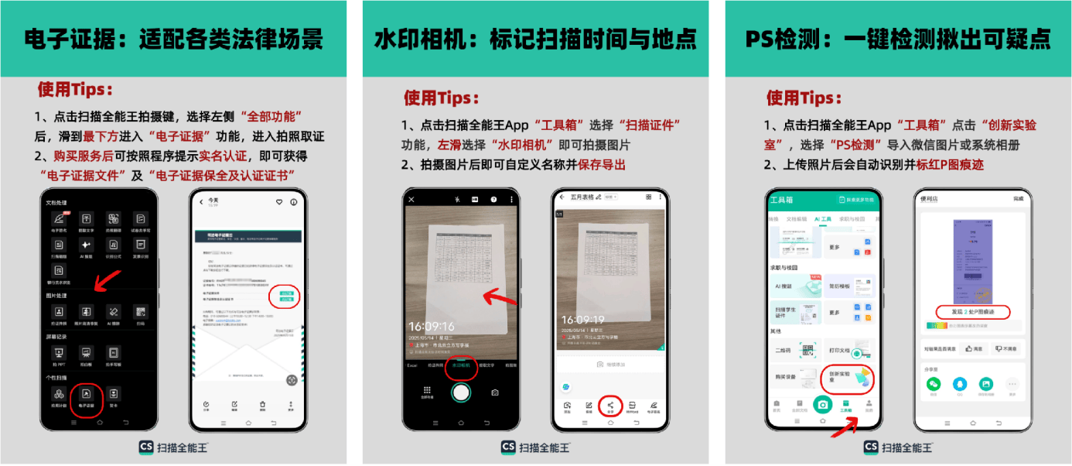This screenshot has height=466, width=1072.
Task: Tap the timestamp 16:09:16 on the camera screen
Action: pos(432,327)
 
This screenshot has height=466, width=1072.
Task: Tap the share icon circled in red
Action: pos(610,406)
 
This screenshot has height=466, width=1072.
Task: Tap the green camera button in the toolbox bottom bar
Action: pos(822,403)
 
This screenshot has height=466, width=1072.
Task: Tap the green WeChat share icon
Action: pos(934,384)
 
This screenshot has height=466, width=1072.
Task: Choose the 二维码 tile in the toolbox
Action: pos(794,350)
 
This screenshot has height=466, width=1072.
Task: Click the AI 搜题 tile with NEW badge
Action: pos(794,286)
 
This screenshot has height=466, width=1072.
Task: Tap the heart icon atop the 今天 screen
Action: pos(279,202)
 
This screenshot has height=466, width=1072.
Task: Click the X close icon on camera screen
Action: pos(411,200)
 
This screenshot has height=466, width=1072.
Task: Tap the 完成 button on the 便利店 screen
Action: pos(1017,199)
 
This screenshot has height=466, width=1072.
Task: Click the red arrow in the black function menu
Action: pos(102,281)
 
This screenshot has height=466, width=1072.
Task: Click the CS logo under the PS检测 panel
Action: pos(870,447)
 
